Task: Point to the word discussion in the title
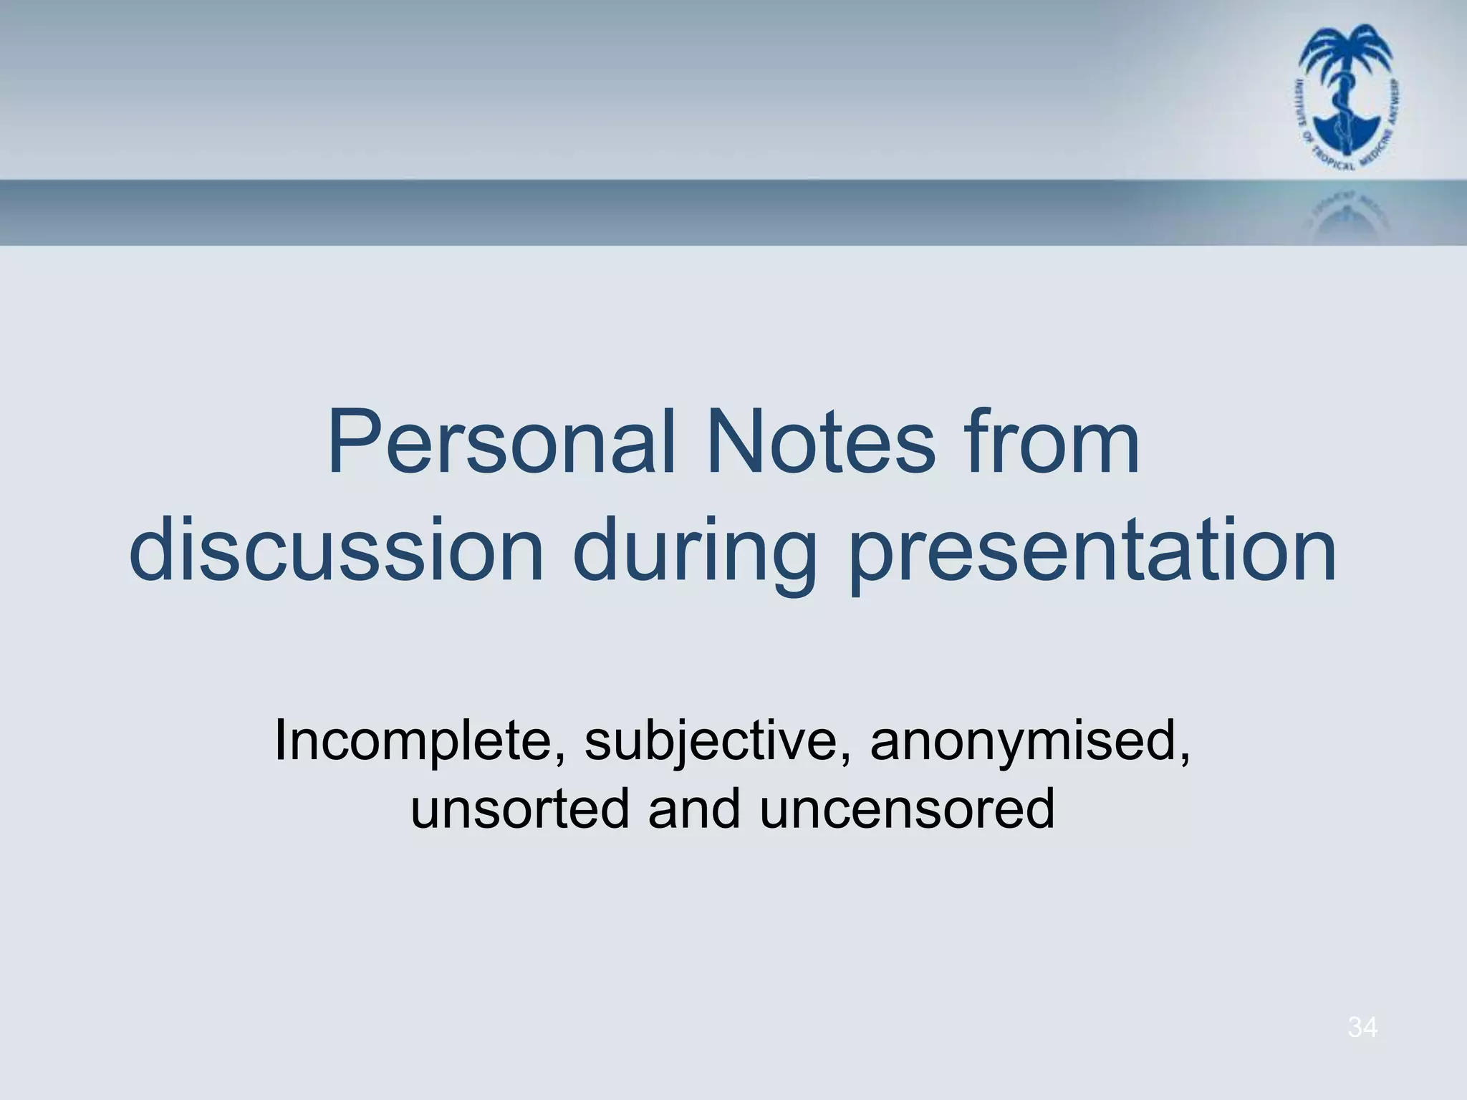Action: [337, 551]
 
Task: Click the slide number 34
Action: [1362, 1028]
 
